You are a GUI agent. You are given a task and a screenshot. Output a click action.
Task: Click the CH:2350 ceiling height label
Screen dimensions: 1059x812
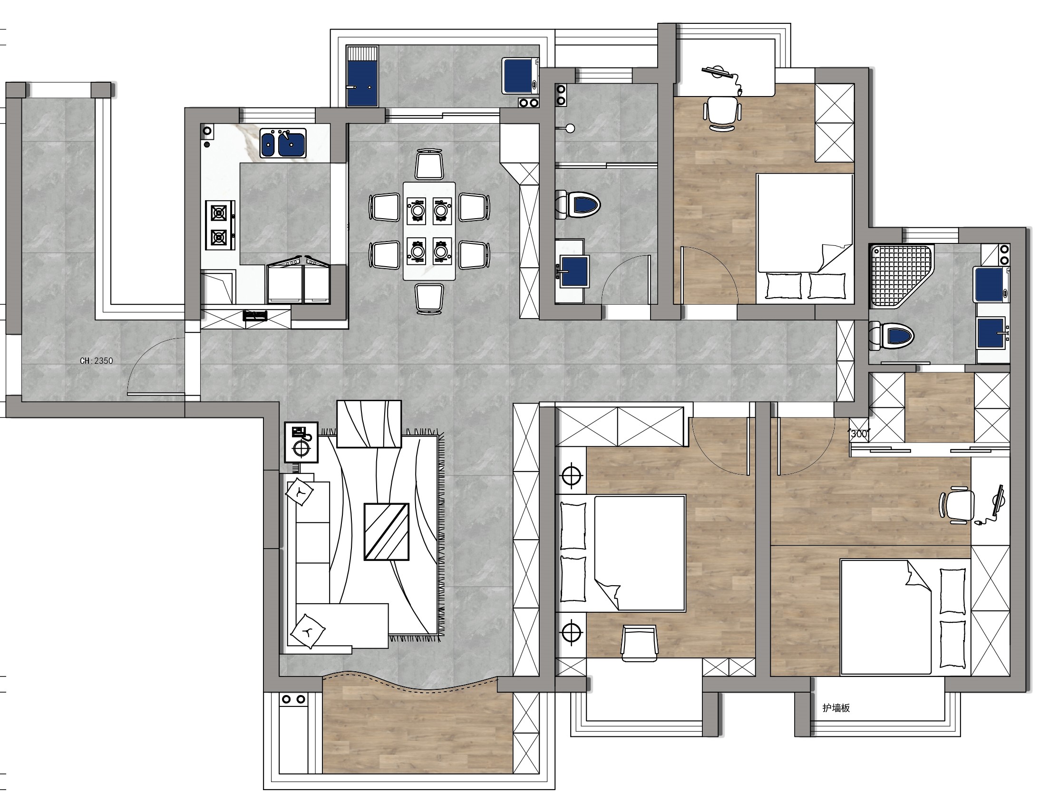pos(96,360)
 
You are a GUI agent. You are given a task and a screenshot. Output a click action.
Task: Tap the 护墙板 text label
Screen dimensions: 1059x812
pos(836,708)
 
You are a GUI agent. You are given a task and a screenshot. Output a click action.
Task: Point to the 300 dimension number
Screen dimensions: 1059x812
pos(859,434)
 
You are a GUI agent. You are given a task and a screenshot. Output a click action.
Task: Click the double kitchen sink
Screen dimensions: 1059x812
pos(283,143)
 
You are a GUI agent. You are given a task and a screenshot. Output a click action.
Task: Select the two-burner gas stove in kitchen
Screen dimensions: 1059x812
pos(220,225)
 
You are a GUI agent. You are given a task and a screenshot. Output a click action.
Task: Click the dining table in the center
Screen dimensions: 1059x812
pos(429,231)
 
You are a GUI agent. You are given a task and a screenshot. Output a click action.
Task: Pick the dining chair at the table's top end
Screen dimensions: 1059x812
pos(429,164)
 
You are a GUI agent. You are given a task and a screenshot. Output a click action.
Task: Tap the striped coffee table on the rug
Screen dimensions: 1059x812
pos(386,532)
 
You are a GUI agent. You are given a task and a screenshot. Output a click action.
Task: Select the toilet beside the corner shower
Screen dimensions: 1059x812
pos(891,336)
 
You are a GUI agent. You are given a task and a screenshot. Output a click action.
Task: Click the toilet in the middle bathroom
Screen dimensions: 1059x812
pos(578,204)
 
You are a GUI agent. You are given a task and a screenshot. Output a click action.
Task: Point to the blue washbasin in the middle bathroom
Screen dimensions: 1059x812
pos(575,271)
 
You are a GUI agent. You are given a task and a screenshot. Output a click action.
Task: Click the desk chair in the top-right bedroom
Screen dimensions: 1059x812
pos(722,113)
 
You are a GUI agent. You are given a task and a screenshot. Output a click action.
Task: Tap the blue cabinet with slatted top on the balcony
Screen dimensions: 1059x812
pos(362,76)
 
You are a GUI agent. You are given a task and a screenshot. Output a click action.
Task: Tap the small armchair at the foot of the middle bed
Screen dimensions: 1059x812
pos(640,642)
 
